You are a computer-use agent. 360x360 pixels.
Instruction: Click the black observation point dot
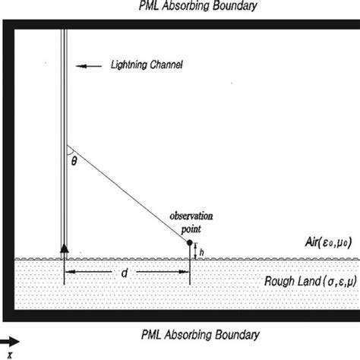click(x=189, y=242)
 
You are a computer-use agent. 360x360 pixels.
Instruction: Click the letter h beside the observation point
click(x=201, y=250)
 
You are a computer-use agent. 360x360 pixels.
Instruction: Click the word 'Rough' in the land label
click(x=279, y=282)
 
